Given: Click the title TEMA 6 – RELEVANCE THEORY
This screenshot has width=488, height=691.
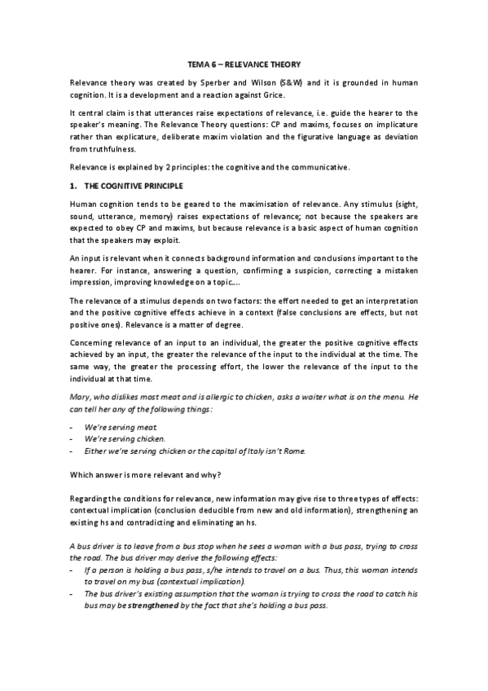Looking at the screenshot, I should [x=244, y=64].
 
